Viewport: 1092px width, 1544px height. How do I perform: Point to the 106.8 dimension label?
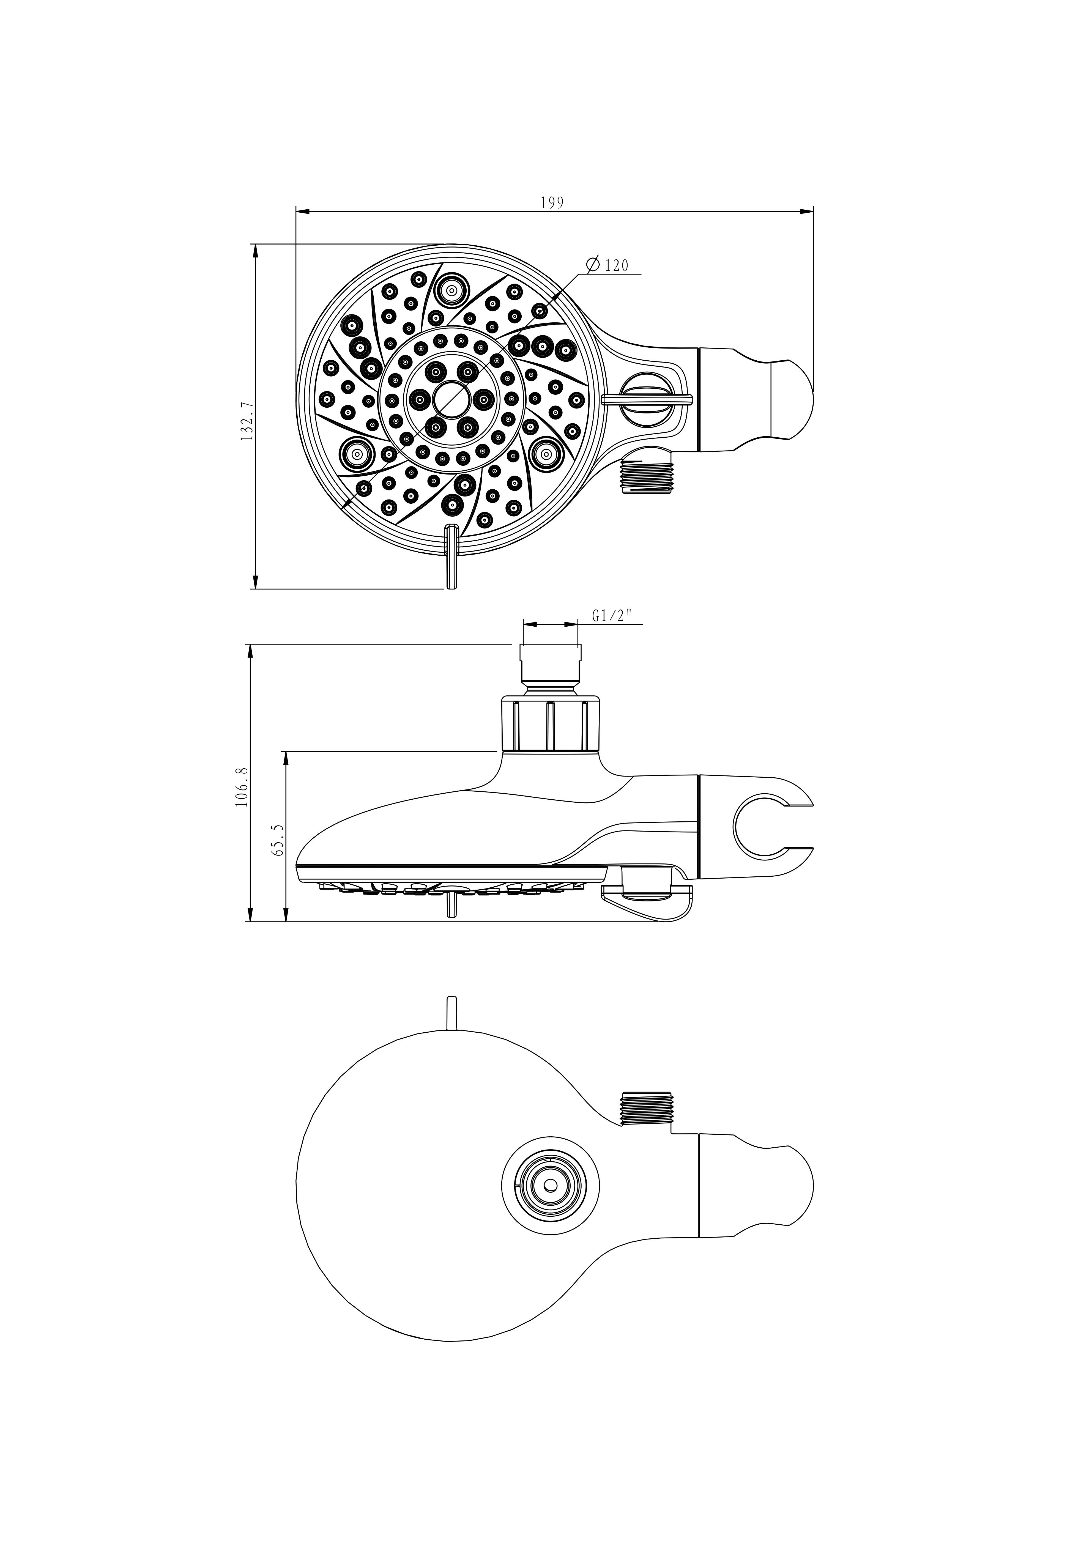[243, 787]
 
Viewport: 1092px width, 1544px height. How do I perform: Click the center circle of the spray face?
[452, 399]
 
